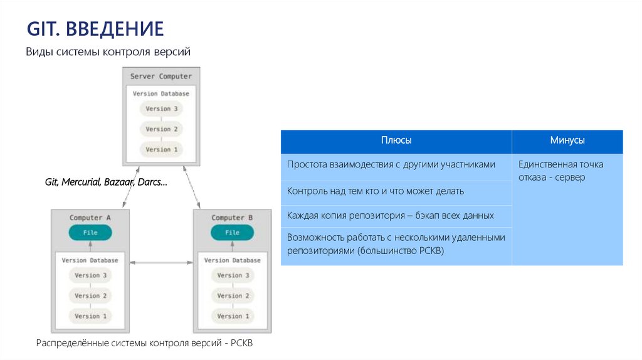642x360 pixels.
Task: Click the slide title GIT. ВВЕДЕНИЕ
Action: (95, 28)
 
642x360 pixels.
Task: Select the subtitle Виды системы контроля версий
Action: (107, 52)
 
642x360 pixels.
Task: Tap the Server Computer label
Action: (161, 77)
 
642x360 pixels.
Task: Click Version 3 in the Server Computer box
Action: (162, 109)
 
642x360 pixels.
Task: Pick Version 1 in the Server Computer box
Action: (162, 149)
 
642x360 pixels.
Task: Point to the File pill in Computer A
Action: (90, 233)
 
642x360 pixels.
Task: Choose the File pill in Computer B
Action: (232, 233)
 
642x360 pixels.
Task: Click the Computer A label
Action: (90, 218)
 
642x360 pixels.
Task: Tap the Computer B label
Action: (232, 218)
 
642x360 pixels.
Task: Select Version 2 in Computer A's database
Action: (91, 295)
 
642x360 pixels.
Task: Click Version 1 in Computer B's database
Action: (233, 316)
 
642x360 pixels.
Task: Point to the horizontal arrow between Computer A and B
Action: (161, 262)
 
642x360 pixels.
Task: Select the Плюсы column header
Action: (396, 141)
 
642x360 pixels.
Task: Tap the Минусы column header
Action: (567, 141)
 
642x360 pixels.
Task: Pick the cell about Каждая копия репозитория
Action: (390, 215)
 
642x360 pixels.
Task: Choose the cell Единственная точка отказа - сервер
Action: (560, 171)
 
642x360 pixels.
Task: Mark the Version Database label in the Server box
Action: (161, 93)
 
